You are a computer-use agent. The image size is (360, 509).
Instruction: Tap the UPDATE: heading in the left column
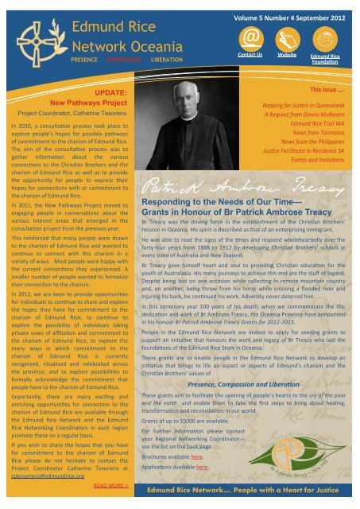pyautogui.click(x=102, y=93)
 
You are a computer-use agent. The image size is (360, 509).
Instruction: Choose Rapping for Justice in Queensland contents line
pyautogui.click(x=305, y=104)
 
